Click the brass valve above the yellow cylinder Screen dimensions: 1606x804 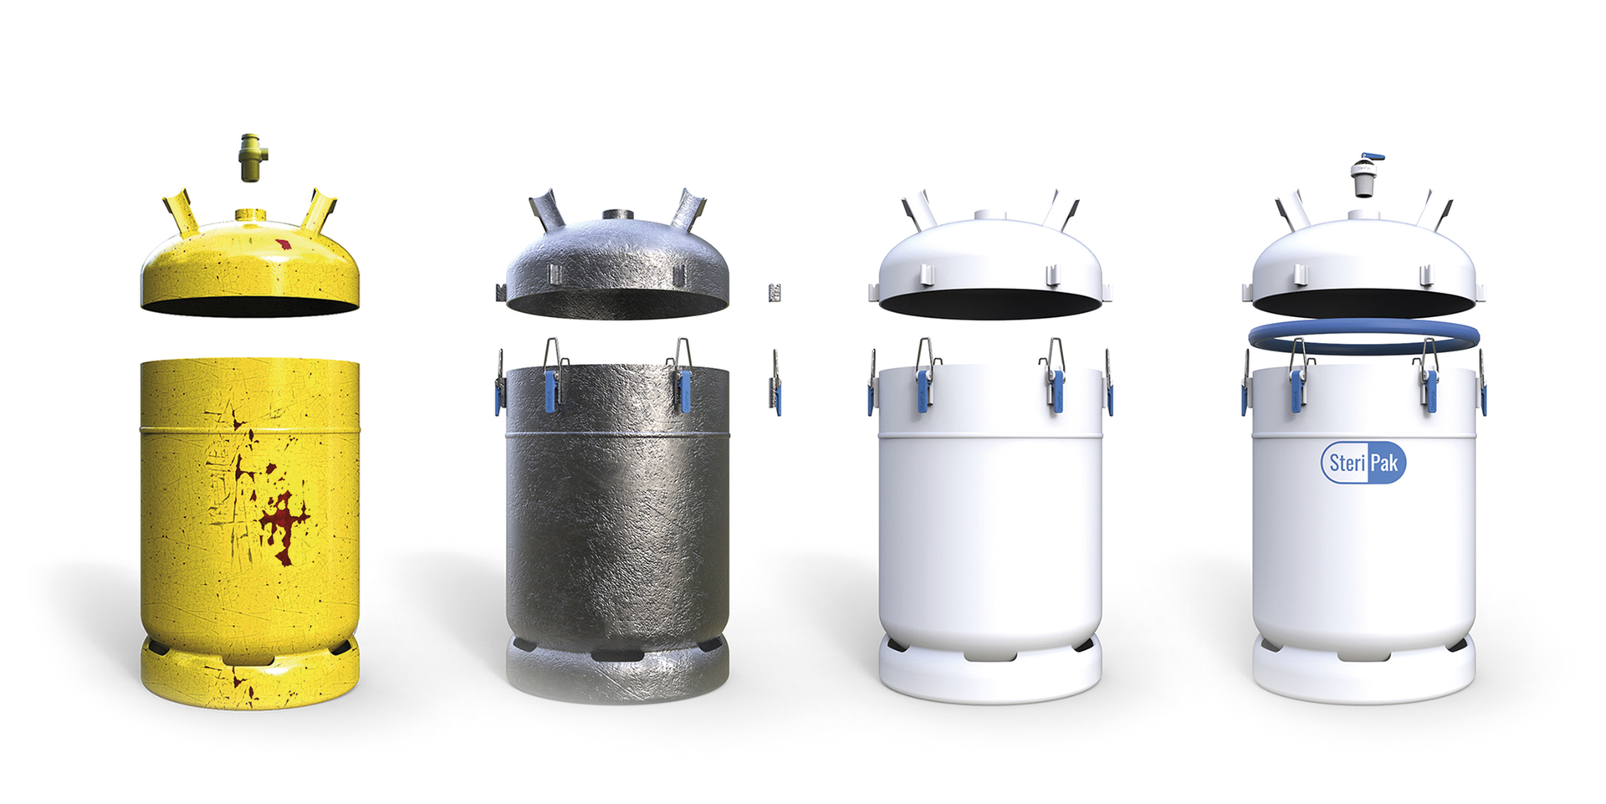250,157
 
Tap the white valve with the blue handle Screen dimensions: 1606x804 1365,176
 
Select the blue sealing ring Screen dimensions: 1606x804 1363,336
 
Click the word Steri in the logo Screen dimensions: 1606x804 1347,463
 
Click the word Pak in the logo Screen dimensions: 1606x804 1384,463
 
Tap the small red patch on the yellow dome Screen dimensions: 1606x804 284,243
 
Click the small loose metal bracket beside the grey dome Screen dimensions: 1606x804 775,293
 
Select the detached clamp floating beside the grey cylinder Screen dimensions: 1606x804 775,382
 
